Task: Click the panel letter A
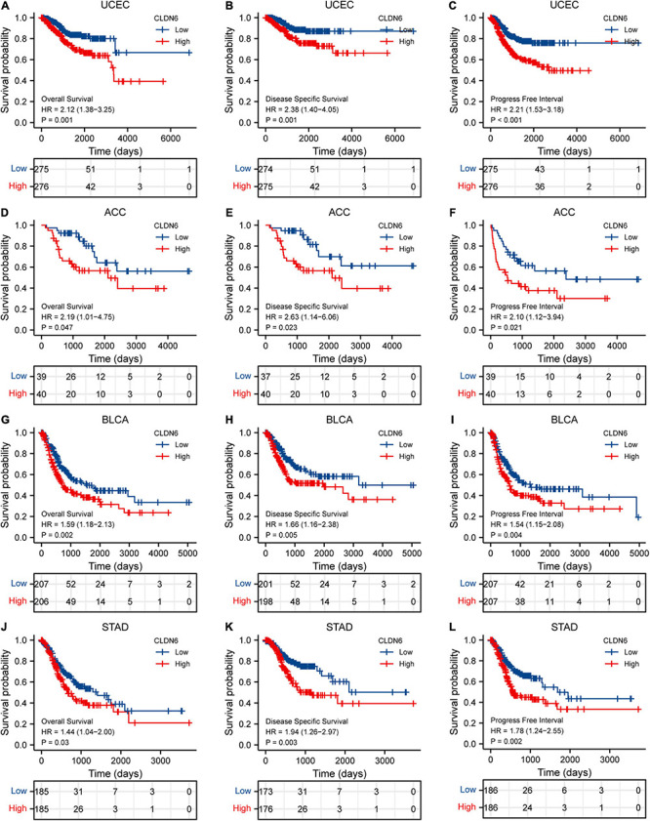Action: (x=7, y=8)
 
